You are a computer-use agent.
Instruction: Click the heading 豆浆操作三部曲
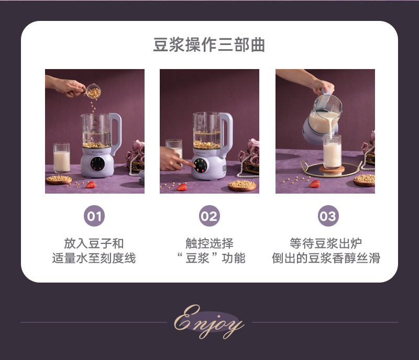click(209, 44)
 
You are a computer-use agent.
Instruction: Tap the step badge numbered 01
click(94, 216)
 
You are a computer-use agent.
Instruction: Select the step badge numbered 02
click(209, 216)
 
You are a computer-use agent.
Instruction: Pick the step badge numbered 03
click(328, 216)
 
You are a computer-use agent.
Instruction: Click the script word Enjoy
click(209, 322)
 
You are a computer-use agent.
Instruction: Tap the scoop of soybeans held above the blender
click(93, 92)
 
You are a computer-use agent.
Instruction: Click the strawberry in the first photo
click(91, 185)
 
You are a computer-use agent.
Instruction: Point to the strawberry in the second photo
click(182, 187)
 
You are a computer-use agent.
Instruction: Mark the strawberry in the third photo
click(315, 184)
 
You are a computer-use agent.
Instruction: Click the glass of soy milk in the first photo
click(61, 158)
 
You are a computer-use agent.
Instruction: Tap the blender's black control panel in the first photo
click(97, 164)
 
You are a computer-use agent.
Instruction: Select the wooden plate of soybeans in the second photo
click(242, 185)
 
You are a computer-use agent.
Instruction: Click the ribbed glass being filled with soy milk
click(332, 151)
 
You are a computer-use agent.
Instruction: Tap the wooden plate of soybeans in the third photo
click(364, 180)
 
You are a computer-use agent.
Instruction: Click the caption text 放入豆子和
click(94, 243)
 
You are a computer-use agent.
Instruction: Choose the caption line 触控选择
click(210, 243)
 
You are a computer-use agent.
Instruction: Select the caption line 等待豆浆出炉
click(326, 243)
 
